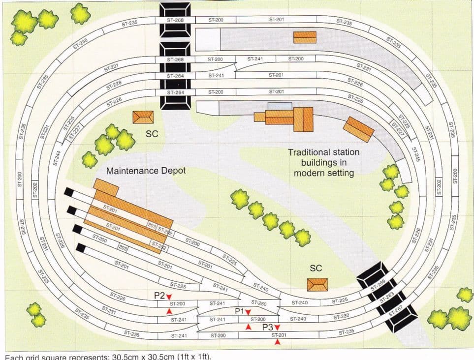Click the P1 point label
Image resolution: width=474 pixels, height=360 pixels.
240,311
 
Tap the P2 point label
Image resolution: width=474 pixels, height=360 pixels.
158,296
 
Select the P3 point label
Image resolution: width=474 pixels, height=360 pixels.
267,327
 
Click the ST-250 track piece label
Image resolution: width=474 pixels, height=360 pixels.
258,303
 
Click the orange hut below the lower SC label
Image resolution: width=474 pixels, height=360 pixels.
317,285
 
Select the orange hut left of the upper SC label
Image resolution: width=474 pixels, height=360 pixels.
143,117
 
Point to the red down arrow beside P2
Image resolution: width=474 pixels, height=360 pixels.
169,297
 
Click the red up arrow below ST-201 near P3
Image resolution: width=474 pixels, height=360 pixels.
279,342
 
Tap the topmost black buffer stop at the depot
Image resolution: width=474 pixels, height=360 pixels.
69,192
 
